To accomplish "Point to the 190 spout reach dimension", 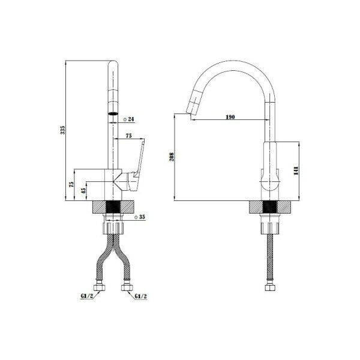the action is point(230,117).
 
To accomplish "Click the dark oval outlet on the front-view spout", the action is point(112,112).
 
